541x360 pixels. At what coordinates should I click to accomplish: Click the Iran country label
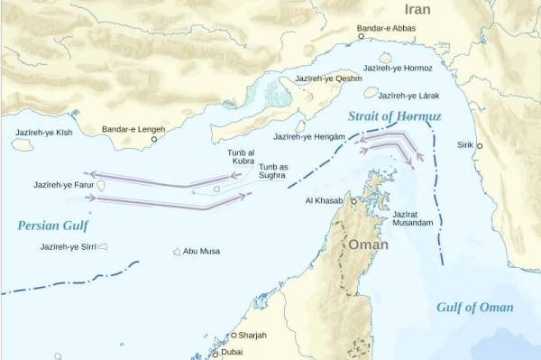[417, 10]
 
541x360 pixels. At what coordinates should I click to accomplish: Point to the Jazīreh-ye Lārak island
[371, 92]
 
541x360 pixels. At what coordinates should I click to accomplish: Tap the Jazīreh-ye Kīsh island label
[42, 131]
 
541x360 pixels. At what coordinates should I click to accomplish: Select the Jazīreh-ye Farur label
[63, 185]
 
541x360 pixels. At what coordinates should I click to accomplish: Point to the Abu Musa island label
[202, 252]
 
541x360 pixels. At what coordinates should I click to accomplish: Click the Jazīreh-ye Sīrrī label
[68, 246]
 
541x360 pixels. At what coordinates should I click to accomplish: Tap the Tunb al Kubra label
[243, 156]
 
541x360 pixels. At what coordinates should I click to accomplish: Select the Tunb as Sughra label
[273, 171]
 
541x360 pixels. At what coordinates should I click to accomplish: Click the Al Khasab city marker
[353, 201]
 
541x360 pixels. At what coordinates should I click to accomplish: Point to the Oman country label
[368, 245]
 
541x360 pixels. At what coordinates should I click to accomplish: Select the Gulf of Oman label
[474, 307]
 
